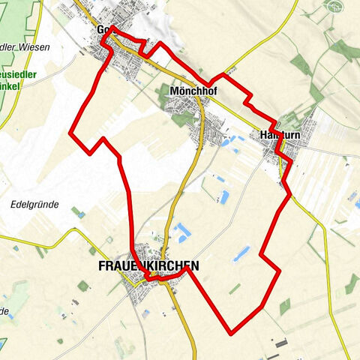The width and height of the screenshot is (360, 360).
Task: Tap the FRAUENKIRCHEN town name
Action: [148, 266]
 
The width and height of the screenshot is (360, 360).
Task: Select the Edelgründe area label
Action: [36, 203]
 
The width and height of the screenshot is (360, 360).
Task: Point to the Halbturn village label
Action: [280, 136]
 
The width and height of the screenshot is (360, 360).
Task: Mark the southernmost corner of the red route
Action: [231, 331]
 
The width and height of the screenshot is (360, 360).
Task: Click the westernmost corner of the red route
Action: [70, 133]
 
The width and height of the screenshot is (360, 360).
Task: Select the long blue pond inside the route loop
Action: [241, 253]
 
